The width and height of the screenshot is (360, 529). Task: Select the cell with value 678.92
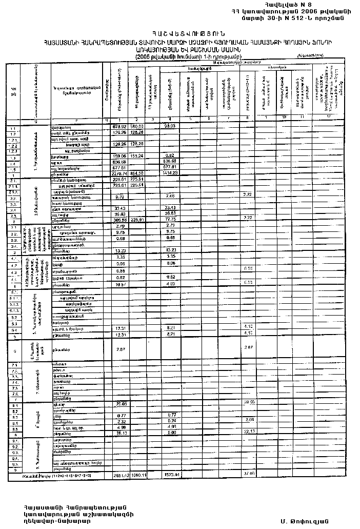coord(119,126)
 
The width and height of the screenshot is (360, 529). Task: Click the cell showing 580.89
coord(137,126)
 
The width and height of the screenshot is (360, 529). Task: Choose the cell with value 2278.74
coord(119,173)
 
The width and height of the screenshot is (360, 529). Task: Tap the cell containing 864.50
coord(137,173)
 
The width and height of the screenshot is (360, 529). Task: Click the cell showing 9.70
coord(119,197)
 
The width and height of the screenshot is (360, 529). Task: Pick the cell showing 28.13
coord(119,433)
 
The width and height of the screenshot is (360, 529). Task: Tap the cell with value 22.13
coord(249,432)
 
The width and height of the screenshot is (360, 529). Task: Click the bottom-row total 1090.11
coord(137,476)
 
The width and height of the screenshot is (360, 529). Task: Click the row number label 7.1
coord(14,365)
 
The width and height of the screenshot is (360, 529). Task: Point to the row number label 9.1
coord(14,440)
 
